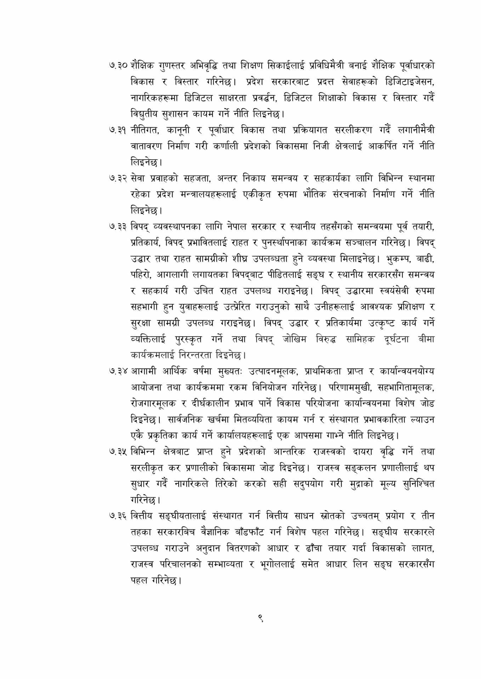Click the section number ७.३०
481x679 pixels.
coord(118,66)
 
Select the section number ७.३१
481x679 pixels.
coord(118,130)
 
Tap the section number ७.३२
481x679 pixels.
coord(118,178)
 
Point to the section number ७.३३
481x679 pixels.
coord(118,226)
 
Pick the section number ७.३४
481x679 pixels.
coord(118,372)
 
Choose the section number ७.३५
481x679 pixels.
coord(118,452)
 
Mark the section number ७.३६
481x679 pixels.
coord(118,516)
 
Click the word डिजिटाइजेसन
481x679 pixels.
coord(409,82)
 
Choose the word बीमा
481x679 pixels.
coord(426,339)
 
